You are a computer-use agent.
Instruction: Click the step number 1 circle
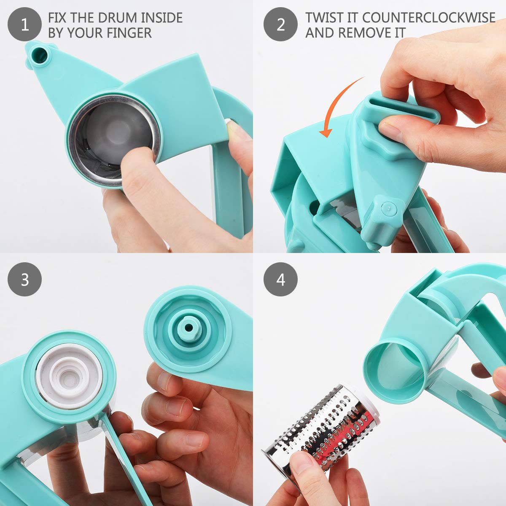(24, 24)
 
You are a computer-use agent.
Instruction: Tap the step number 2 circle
(280, 24)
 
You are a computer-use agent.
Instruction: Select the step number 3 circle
(24, 279)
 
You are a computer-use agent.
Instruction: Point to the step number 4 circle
(280, 279)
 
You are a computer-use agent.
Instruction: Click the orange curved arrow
(337, 105)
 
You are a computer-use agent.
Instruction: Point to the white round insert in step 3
(69, 371)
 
